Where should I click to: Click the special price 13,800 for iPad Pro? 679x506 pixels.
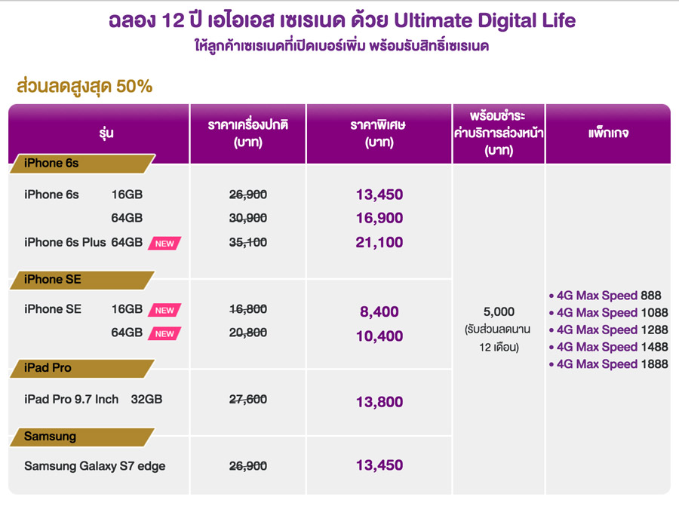(x=379, y=403)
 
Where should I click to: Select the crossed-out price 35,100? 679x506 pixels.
(x=248, y=243)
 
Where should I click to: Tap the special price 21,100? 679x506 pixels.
(x=379, y=243)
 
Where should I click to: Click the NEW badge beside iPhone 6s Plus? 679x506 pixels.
(x=164, y=244)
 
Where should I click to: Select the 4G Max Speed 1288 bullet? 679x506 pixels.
(x=608, y=330)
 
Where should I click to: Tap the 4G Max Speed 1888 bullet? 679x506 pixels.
(x=608, y=364)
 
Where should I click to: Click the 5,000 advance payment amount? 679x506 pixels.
(x=498, y=311)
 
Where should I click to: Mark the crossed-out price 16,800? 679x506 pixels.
(x=248, y=309)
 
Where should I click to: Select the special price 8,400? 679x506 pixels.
(x=379, y=312)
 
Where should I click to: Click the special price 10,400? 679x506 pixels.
(x=379, y=336)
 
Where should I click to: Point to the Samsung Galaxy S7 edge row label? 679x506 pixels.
(x=94, y=466)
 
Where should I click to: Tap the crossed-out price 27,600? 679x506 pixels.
(x=248, y=399)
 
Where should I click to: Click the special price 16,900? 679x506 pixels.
(x=379, y=219)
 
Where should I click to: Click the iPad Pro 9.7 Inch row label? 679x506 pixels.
(x=71, y=399)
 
